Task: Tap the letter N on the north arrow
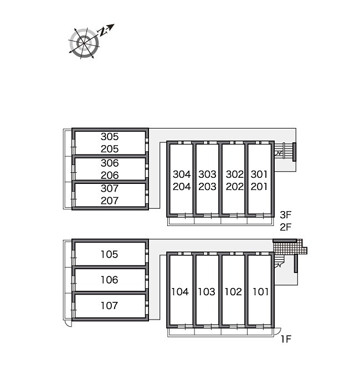pyautogui.click(x=102, y=32)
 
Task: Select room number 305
pyautogui.click(x=110, y=137)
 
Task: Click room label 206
pyautogui.click(x=110, y=175)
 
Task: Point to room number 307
pyautogui.click(x=110, y=188)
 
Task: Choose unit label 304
pyautogui.click(x=182, y=174)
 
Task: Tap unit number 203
pyautogui.click(x=207, y=187)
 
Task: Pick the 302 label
pyautogui.click(x=235, y=174)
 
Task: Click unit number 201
pyautogui.click(x=259, y=187)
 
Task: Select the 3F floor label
pyautogui.click(x=286, y=215)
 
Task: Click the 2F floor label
pyautogui.click(x=286, y=227)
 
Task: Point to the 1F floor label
pyautogui.click(x=286, y=338)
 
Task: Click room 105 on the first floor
pyautogui.click(x=109, y=254)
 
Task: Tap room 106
pyautogui.click(x=109, y=280)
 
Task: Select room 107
pyautogui.click(x=109, y=305)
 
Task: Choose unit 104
pyautogui.click(x=180, y=291)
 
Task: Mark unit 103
pyautogui.click(x=207, y=291)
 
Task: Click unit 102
pyautogui.click(x=233, y=291)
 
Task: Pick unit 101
pyautogui.click(x=260, y=291)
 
